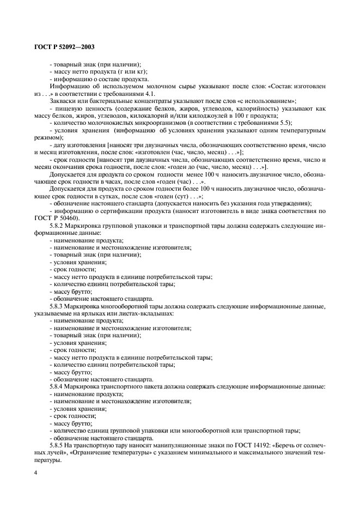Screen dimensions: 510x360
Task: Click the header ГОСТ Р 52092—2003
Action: click(59, 47)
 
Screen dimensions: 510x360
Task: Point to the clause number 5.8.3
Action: click(58, 307)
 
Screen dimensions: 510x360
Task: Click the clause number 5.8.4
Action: click(58, 386)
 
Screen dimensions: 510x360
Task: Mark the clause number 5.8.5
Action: click(58, 445)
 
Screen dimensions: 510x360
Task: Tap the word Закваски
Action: click(64, 101)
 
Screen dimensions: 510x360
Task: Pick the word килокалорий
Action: click(196, 116)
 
